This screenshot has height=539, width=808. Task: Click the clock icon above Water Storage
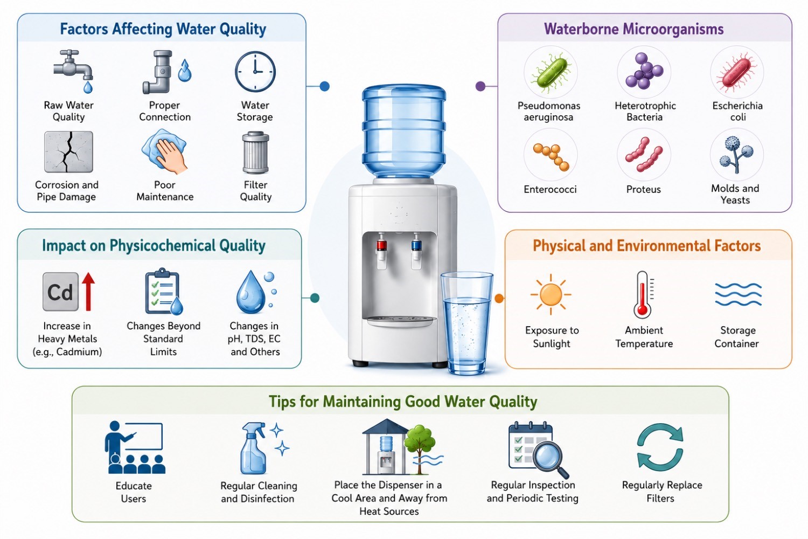click(x=255, y=71)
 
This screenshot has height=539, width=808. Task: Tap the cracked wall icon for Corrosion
click(x=68, y=151)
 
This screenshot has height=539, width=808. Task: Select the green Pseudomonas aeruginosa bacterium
click(x=551, y=73)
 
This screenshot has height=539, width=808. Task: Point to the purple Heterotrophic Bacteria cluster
click(x=644, y=71)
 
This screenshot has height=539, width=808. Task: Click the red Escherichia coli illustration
click(x=736, y=72)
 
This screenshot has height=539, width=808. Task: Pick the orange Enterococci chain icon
click(x=551, y=157)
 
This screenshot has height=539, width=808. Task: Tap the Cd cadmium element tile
click(x=60, y=292)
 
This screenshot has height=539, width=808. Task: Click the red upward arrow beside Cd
click(x=88, y=292)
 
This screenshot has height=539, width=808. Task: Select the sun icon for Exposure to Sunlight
click(x=551, y=295)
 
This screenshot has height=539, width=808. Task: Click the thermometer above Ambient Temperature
click(x=643, y=295)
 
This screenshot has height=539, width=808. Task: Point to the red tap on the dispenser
click(x=381, y=251)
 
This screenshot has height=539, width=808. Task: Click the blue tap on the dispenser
click(x=416, y=251)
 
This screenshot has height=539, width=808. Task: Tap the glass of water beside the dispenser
click(x=467, y=323)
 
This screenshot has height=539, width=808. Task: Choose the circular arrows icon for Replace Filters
click(x=660, y=447)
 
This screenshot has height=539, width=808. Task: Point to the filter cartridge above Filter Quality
click(x=256, y=153)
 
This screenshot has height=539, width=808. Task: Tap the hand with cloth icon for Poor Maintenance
click(x=164, y=151)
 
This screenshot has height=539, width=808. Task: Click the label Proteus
click(x=644, y=189)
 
